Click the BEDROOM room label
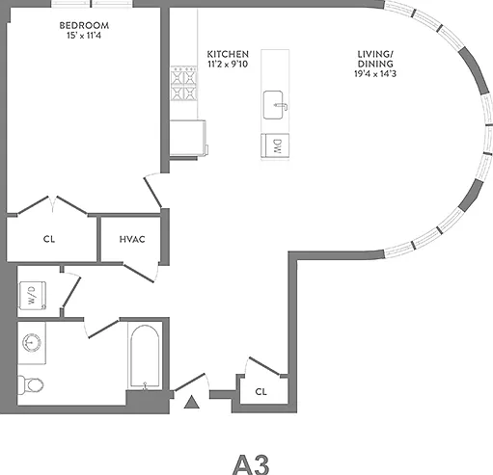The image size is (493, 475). pyautogui.click(x=84, y=25)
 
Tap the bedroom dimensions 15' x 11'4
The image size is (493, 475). pyautogui.click(x=84, y=36)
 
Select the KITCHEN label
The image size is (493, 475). pyautogui.click(x=228, y=54)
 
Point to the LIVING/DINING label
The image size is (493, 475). pyautogui.click(x=375, y=59)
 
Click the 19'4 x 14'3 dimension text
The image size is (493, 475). pyautogui.click(x=375, y=74)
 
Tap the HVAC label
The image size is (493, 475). pyautogui.click(x=132, y=239)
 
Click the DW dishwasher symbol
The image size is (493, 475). pyautogui.click(x=275, y=146)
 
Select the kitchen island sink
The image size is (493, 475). pyautogui.click(x=274, y=105)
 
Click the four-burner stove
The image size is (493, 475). pyautogui.click(x=183, y=83)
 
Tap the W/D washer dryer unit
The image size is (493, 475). pyautogui.click(x=33, y=296)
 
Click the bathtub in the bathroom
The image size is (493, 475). pyautogui.click(x=145, y=356)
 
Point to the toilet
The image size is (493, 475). pyautogui.click(x=30, y=384)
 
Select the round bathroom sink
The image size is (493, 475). pyautogui.click(x=32, y=342)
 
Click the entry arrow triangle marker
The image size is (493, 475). pyautogui.click(x=192, y=402)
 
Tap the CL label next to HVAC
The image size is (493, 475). pyautogui.click(x=49, y=239)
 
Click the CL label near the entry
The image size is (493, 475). pyautogui.click(x=260, y=392)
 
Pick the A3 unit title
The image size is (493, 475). pyautogui.click(x=251, y=464)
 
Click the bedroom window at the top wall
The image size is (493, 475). pyautogui.click(x=92, y=4)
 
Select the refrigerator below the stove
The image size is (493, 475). pyautogui.click(x=188, y=138)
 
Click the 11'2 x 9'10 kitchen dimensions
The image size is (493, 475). pyautogui.click(x=228, y=65)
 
